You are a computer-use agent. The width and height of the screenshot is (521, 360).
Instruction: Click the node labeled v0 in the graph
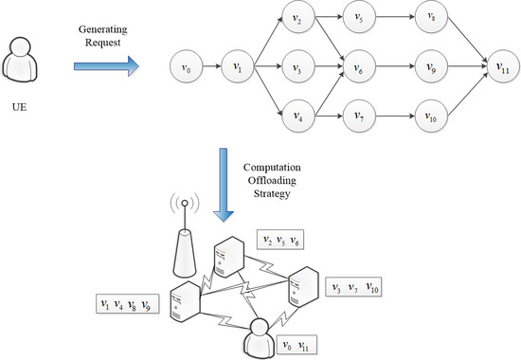click(x=185, y=67)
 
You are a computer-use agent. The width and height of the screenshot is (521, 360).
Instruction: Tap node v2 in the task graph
click(x=298, y=18)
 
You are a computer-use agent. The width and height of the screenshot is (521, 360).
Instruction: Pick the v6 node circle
click(x=358, y=67)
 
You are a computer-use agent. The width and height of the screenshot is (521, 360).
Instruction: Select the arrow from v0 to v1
click(x=210, y=67)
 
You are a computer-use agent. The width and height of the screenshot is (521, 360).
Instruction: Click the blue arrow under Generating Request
click(x=107, y=65)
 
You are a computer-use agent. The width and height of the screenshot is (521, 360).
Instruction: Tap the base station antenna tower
click(x=184, y=237)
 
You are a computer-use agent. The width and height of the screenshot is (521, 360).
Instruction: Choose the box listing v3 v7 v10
click(x=351, y=286)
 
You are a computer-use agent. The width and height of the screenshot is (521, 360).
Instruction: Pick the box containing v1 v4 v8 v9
click(x=127, y=305)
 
